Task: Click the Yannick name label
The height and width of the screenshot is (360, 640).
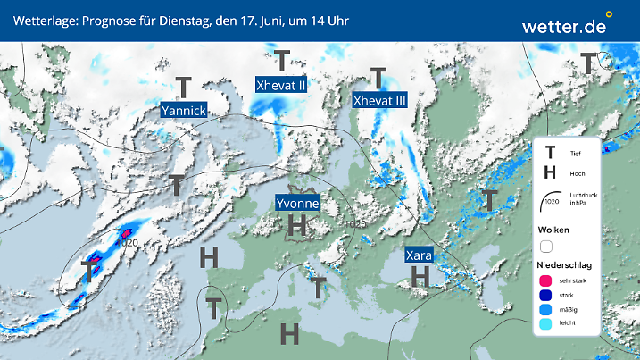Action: tap(184, 110)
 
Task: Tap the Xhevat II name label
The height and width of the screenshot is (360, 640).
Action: tap(281, 86)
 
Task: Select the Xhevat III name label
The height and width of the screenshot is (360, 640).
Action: tap(380, 101)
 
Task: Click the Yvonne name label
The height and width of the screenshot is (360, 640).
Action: tap(298, 204)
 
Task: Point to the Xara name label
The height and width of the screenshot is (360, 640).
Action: tap(420, 255)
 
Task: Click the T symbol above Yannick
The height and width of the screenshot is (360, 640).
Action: tap(184, 87)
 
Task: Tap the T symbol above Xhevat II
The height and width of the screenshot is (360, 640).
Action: tap(282, 62)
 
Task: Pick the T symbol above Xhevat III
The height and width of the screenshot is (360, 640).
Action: tap(378, 78)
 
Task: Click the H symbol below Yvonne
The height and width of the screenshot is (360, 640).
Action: tap(298, 225)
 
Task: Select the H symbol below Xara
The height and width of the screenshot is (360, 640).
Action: tap(420, 277)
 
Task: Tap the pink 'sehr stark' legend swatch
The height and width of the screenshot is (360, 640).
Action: tap(546, 281)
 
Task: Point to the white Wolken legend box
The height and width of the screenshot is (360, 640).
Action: tap(546, 246)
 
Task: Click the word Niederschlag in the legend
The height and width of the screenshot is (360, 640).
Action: tap(564, 265)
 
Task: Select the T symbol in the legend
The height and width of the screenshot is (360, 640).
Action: tap(551, 153)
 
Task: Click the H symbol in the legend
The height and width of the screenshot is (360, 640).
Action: tap(551, 173)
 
